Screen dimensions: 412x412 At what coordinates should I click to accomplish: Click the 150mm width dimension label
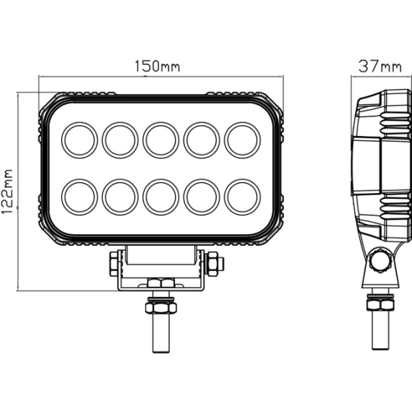tap(157, 66)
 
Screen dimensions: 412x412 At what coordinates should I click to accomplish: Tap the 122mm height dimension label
tap(7, 192)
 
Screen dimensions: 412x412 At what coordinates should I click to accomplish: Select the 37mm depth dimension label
tap(380, 66)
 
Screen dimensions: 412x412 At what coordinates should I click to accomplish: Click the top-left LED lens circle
tap(80, 140)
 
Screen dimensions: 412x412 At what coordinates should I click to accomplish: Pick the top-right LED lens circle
tap(242, 140)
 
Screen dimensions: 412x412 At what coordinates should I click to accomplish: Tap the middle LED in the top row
tap(160, 140)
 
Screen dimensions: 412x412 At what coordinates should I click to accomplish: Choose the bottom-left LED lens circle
tap(80, 197)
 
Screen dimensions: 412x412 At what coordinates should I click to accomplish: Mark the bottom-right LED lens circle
tap(242, 197)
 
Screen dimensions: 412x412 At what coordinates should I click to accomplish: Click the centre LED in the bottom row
tap(160, 197)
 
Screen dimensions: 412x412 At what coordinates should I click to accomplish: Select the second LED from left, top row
tap(120, 140)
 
